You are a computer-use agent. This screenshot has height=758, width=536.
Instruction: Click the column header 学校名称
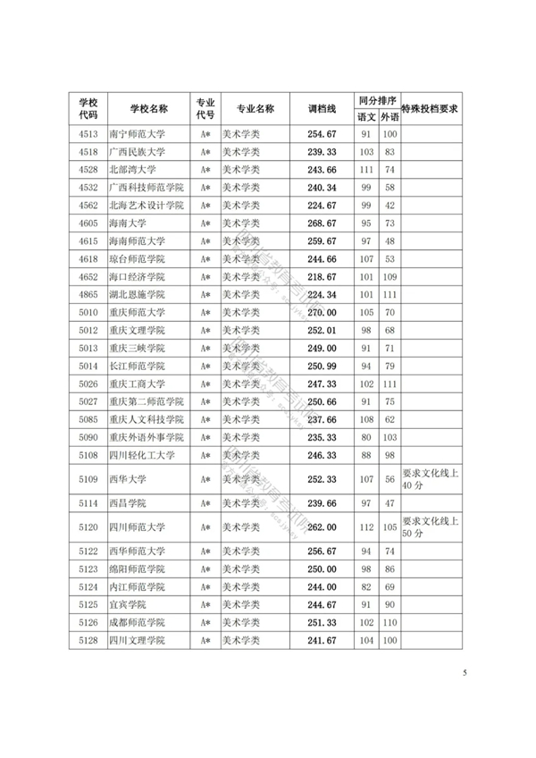tap(148, 108)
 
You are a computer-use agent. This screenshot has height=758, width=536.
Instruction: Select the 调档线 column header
tap(321, 108)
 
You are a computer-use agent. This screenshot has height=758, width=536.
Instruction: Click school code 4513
tap(88, 134)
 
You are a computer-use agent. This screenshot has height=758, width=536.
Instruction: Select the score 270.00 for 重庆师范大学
tap(321, 312)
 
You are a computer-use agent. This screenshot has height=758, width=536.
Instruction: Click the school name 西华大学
tap(127, 479)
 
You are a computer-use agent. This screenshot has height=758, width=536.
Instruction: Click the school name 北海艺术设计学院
tap(146, 205)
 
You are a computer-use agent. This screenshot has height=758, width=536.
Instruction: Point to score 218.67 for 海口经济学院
tap(321, 276)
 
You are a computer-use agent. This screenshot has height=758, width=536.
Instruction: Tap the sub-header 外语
tap(389, 117)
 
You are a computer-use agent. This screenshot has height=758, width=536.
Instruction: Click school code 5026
tap(88, 383)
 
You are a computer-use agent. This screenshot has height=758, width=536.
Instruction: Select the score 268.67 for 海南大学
tap(321, 223)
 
